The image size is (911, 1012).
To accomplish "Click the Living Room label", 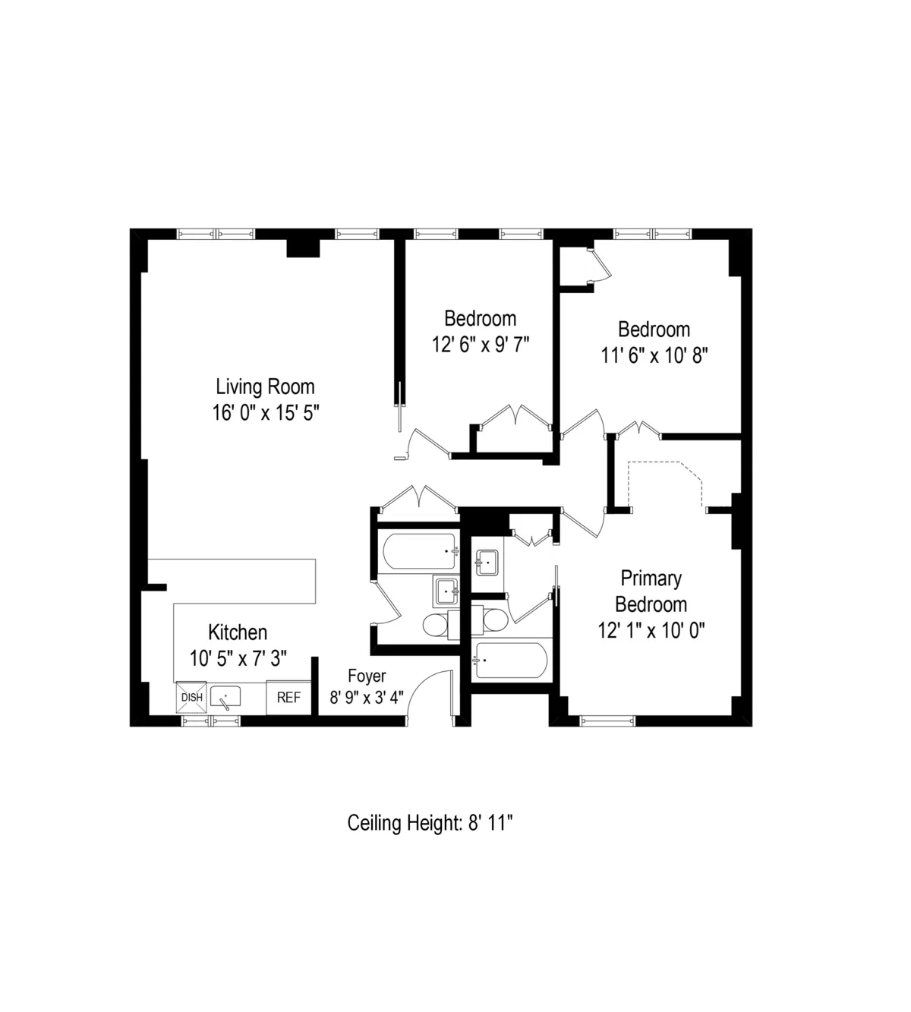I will click(x=265, y=386).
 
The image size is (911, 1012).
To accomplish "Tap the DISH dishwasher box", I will click(x=191, y=698).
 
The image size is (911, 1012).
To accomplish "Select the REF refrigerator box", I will click(x=288, y=698).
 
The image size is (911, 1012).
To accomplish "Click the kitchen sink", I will click(x=225, y=696).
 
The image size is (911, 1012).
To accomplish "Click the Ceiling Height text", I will click(x=431, y=823).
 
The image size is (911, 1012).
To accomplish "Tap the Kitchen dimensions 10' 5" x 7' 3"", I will click(x=238, y=658).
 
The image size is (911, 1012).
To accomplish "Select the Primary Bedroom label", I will click(x=651, y=591).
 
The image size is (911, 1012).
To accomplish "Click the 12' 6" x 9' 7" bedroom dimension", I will click(x=480, y=345).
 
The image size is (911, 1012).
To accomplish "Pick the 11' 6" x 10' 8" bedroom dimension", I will click(x=654, y=355).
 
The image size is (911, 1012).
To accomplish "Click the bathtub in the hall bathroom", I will click(x=420, y=551).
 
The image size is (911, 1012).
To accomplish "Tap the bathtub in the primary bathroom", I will click(x=509, y=661).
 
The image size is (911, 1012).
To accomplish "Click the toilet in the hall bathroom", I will click(x=436, y=626).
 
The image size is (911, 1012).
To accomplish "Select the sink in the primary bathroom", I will click(x=486, y=564).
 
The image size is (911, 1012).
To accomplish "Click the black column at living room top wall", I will click(x=303, y=248).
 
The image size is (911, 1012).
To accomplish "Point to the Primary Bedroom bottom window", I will click(x=607, y=720).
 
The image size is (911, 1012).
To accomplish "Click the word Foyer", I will click(x=367, y=676).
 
